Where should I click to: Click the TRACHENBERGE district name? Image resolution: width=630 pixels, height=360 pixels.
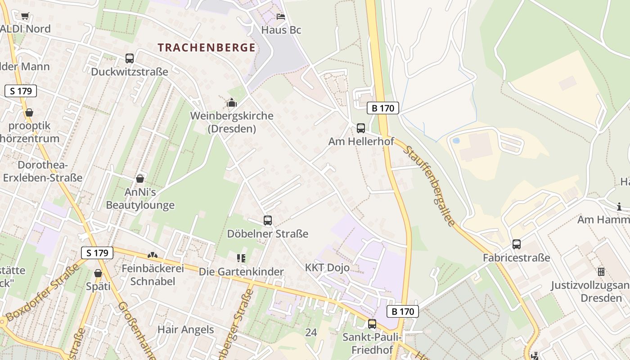(207, 48)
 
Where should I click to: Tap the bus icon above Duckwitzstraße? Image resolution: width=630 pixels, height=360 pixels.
(130, 58)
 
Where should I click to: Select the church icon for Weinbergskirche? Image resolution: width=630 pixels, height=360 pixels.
(232, 103)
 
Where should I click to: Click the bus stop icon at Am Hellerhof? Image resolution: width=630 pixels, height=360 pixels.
(361, 128)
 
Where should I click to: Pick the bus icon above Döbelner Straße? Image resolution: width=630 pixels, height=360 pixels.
(268, 220)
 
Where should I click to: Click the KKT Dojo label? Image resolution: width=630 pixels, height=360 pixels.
(327, 268)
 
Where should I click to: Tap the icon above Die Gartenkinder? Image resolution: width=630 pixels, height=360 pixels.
(241, 258)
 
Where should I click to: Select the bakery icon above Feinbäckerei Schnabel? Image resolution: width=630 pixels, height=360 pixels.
(153, 255)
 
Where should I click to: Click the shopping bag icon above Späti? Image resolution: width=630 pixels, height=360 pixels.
(98, 273)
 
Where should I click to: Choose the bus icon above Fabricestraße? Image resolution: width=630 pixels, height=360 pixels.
(517, 244)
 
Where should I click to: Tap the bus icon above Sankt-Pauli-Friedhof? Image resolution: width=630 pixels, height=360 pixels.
(372, 324)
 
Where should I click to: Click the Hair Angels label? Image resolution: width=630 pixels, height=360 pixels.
(185, 329)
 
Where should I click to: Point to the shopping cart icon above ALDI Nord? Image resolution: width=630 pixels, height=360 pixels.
(25, 16)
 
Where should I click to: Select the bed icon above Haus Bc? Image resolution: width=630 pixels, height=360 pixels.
(281, 17)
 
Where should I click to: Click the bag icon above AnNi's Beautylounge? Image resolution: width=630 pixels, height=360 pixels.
(140, 179)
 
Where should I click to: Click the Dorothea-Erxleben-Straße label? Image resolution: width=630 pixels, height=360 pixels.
(43, 171)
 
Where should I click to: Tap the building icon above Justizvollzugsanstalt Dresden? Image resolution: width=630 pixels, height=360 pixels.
(601, 272)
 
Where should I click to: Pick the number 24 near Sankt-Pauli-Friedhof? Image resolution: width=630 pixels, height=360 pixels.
(310, 333)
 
